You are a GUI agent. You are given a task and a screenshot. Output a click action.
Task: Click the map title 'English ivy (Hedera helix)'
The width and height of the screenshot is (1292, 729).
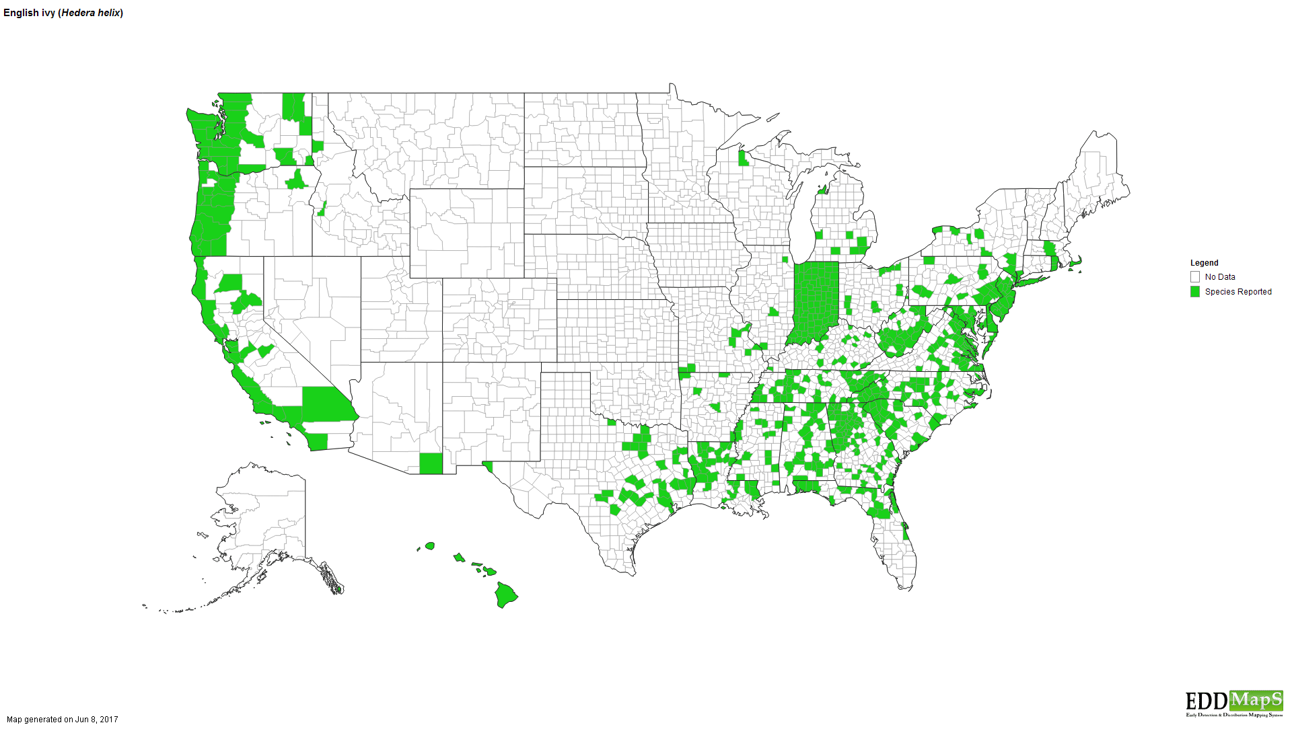[63, 13]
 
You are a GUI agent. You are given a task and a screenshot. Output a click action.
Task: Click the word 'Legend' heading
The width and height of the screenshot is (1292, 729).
[1204, 263]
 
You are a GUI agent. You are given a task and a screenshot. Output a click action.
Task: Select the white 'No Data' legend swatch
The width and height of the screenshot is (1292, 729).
[1195, 277]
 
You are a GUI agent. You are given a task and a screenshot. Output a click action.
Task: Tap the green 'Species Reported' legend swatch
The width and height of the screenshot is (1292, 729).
[1195, 292]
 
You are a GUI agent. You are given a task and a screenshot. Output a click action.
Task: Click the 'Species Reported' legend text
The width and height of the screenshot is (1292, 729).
[1237, 292]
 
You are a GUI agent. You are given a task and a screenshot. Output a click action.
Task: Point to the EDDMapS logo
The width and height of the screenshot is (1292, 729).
[1234, 703]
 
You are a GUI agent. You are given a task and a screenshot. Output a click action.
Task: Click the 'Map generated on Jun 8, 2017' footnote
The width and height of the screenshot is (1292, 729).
[63, 720]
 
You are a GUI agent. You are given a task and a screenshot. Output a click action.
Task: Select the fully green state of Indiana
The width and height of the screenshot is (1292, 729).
[815, 299]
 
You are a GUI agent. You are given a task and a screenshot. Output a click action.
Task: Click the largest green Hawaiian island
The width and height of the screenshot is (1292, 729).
[506, 594]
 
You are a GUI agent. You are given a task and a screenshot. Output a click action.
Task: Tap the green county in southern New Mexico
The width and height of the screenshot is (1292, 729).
[431, 463]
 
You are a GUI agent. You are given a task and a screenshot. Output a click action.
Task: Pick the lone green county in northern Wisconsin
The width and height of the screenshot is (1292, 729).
[743, 159]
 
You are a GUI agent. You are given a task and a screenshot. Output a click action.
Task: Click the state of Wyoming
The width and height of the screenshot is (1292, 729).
[466, 233]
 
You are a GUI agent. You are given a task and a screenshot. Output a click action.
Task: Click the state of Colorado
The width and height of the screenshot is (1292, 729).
[499, 320]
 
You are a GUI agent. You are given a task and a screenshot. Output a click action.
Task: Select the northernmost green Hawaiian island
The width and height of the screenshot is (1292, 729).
[430, 545]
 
